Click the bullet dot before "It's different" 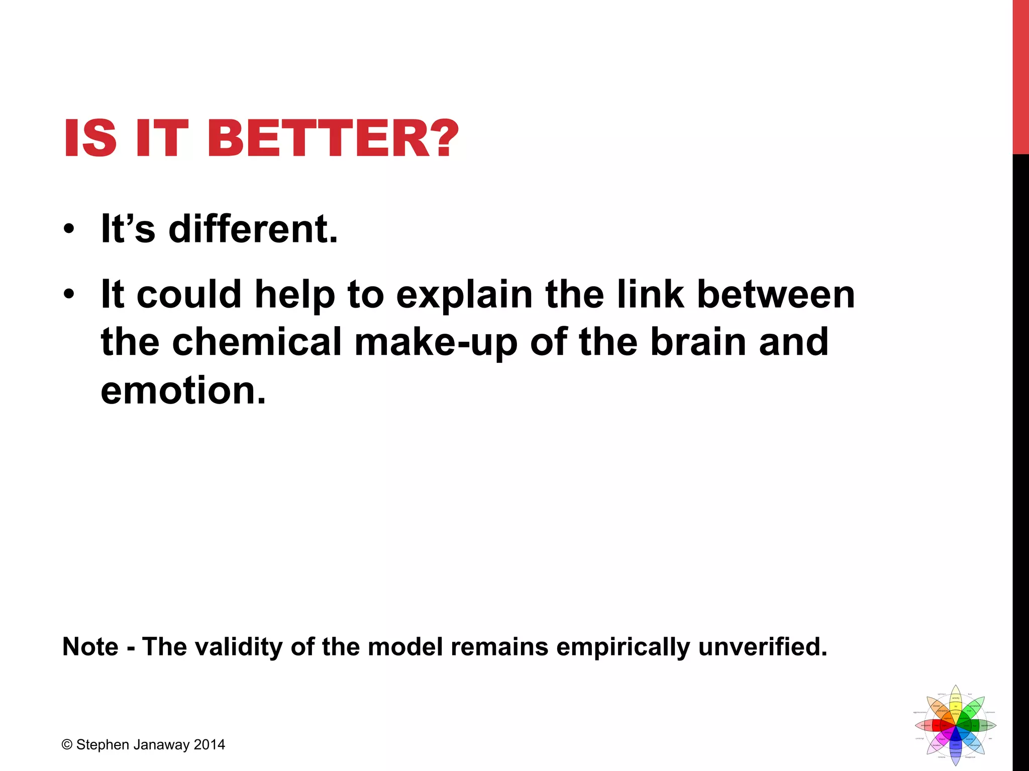point(69,229)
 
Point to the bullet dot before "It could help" point(69,295)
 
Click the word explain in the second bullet point(464,295)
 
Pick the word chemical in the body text point(257,342)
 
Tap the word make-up point(436,342)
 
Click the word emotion point(183,391)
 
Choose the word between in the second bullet point(776,295)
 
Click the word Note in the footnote point(90,647)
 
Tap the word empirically point(623,647)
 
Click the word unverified point(762,647)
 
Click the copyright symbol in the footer point(67,745)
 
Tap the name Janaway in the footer point(161,745)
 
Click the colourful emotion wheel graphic point(955,725)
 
